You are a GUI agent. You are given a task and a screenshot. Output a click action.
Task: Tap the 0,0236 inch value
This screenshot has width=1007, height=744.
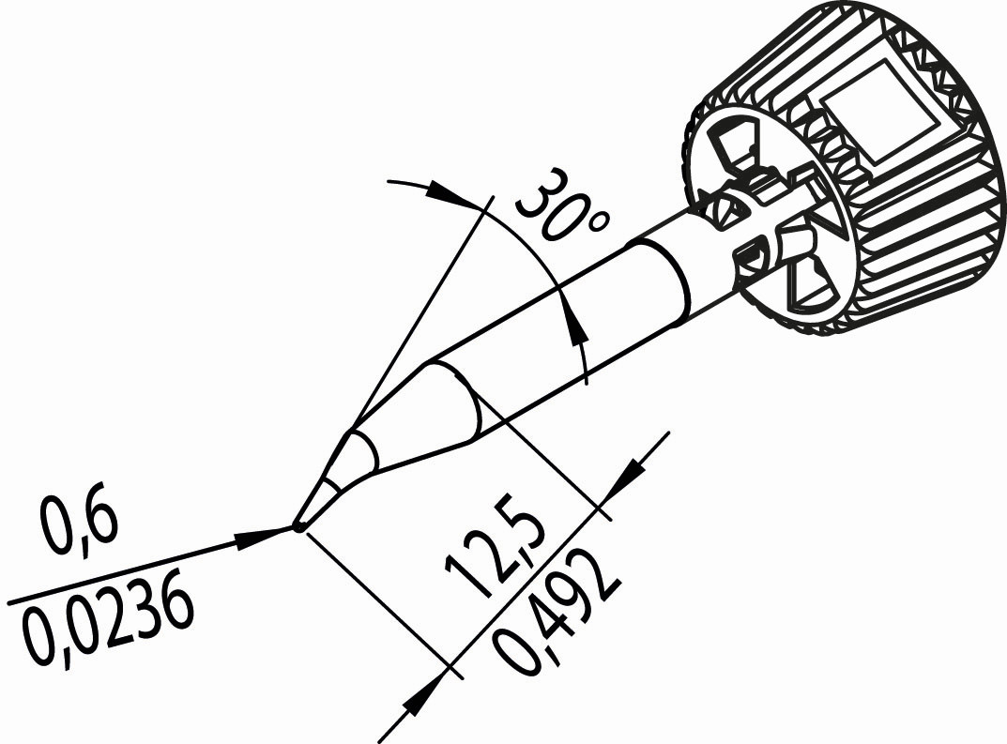107,624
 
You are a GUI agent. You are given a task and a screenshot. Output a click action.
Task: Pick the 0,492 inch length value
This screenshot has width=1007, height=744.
558,613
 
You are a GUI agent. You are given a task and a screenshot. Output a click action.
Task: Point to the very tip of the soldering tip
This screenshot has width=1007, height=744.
298,527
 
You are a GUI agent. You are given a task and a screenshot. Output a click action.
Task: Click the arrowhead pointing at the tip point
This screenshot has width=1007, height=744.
265,536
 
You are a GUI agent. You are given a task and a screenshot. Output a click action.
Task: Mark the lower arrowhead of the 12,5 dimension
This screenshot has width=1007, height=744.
425,694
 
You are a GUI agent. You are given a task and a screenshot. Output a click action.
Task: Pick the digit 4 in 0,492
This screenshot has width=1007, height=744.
558,616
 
